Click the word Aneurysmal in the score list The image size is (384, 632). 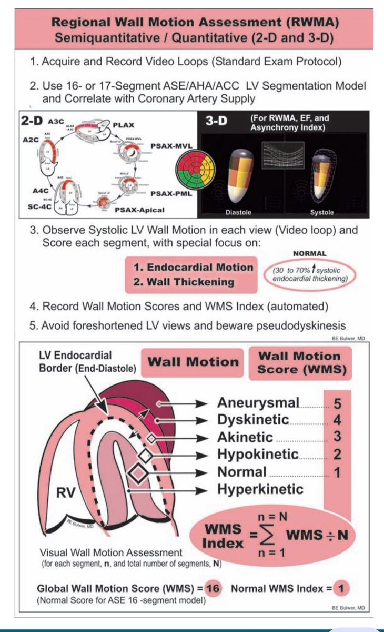pos(258,403)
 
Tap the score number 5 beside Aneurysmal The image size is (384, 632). pos(337,403)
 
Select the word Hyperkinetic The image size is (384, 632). pos(260,489)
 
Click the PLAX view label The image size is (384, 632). pos(125,125)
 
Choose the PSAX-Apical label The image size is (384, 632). pos(139,210)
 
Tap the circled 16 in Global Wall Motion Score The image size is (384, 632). pos(214,588)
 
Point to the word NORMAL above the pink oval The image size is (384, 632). pos(310,253)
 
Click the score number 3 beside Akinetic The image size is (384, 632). pos(337,437)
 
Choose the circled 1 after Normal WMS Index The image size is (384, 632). pos(344,588)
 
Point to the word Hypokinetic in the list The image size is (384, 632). pos(258,453)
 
